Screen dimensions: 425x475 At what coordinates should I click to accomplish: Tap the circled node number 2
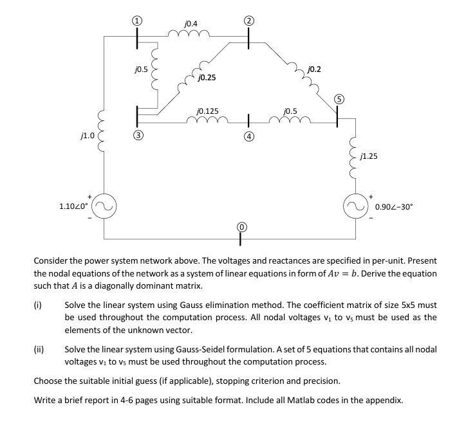[248, 20]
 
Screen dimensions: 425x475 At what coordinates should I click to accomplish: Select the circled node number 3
[136, 136]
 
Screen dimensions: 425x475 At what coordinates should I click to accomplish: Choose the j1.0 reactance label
[87, 136]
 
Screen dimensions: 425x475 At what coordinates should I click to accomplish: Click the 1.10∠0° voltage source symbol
[103, 206]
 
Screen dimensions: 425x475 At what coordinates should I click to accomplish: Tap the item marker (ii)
[39, 350]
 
